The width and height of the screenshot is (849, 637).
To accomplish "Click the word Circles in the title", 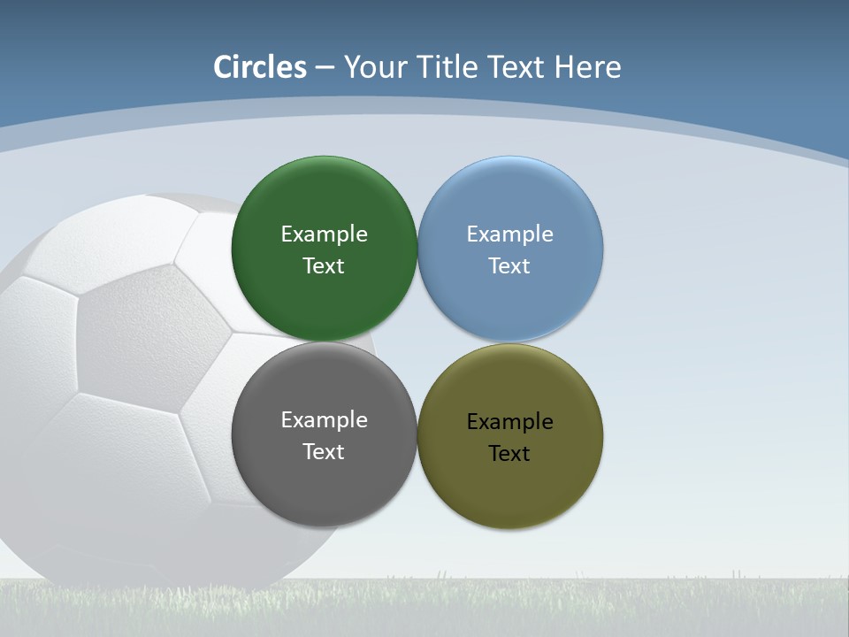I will pyautogui.click(x=260, y=67).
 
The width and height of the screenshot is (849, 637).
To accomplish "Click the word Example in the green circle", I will pyautogui.click(x=324, y=234).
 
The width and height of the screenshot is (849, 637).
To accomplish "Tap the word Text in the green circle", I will pyautogui.click(x=324, y=266).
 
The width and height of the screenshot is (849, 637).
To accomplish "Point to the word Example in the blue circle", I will pyautogui.click(x=509, y=234).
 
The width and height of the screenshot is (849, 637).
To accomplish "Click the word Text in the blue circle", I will pyautogui.click(x=509, y=266).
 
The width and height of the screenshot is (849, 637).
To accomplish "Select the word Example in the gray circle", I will pyautogui.click(x=324, y=420).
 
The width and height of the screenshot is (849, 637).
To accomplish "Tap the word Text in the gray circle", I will pyautogui.click(x=324, y=452).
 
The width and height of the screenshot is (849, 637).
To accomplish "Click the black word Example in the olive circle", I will pyautogui.click(x=509, y=422).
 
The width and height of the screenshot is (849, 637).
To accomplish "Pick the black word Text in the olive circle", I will pyautogui.click(x=509, y=454).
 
